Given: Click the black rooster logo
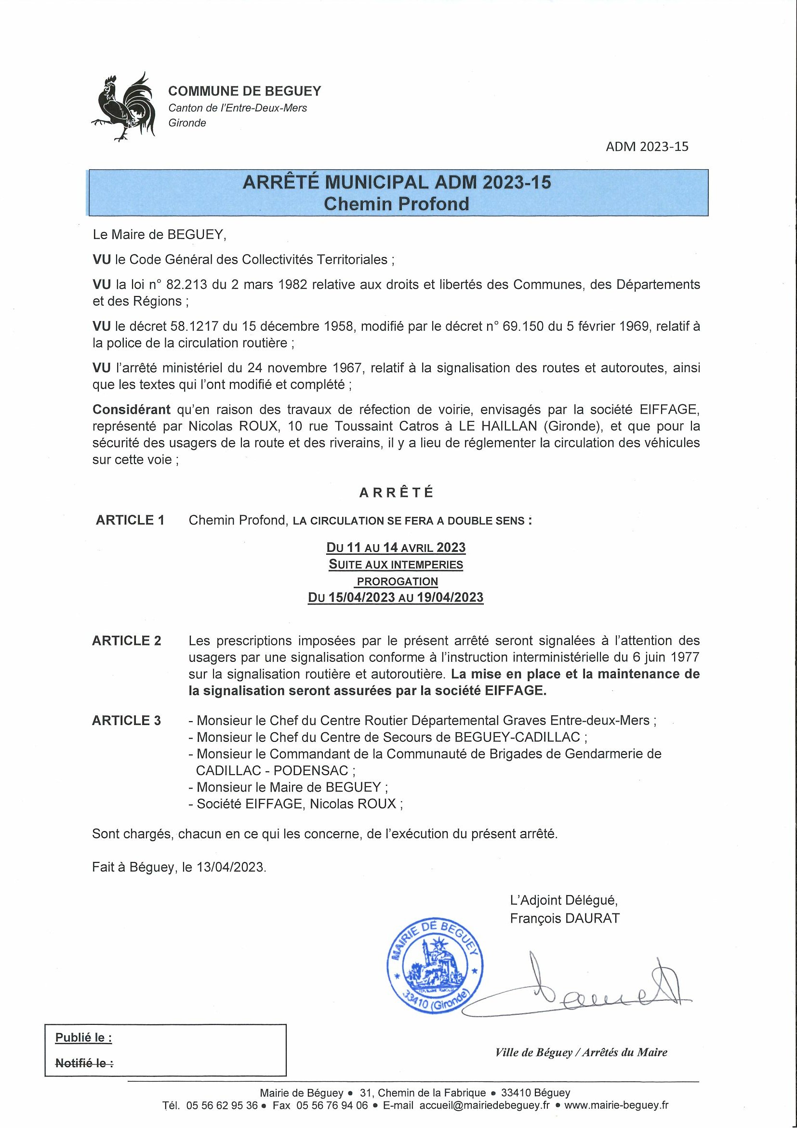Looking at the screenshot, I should pos(124,107).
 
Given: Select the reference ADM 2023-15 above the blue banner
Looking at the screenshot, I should pos(647,147).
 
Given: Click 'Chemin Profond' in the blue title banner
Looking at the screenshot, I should pos(397,203).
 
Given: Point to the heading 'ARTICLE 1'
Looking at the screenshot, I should pos(130,520).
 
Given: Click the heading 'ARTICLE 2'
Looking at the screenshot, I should pos(127,641).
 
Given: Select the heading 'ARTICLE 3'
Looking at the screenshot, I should pos(127,720).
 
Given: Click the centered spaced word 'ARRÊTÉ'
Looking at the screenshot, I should pos(397,493).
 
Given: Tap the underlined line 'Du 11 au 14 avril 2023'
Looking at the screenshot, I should pos(396,547).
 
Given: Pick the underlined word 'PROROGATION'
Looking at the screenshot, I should pos(397,581).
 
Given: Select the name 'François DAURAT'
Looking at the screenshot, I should pos(565,918).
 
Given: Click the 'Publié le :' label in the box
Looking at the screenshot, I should pos(83,1037).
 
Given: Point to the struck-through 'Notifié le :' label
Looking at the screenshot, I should pos(84,1063).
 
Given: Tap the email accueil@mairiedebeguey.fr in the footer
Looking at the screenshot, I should pos(484,1105).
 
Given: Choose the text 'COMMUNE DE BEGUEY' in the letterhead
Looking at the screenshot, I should pos(245,91).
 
